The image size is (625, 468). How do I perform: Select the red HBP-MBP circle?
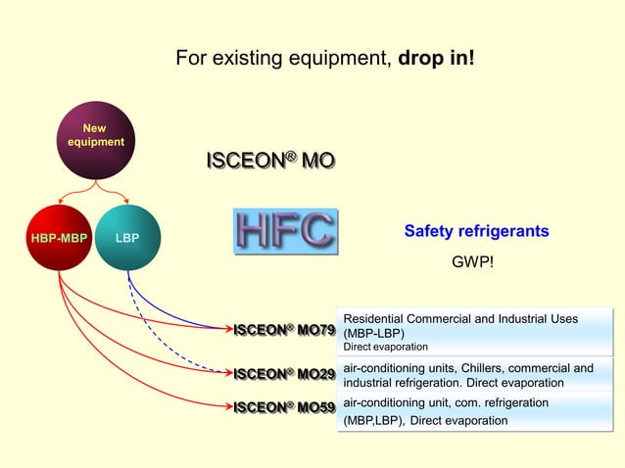tap(60, 238)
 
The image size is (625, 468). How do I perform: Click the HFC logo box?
tap(285, 231)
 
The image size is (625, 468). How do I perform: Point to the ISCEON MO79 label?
tap(284, 330)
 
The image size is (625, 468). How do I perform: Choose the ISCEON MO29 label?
tap(284, 374)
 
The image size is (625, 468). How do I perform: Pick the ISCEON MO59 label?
tap(284, 406)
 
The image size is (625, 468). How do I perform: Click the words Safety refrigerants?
tap(476, 232)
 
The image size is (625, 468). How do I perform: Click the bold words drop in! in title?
tap(436, 59)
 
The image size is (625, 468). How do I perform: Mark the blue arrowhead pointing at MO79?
tap(224, 329)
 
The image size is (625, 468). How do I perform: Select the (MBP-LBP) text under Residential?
tap(374, 333)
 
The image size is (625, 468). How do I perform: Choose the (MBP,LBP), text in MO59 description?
tap(373, 421)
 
